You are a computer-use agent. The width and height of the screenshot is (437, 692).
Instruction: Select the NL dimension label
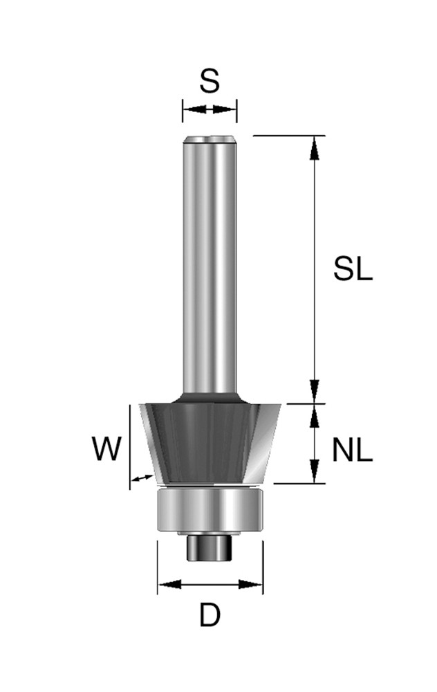tap(353, 450)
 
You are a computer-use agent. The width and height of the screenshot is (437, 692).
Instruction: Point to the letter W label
tap(106, 448)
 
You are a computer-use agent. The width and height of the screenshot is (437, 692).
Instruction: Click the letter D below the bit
tap(210, 615)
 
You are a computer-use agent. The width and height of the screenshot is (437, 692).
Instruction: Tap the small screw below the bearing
tap(210, 547)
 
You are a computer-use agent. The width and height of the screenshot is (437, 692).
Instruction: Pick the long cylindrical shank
tap(210, 265)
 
